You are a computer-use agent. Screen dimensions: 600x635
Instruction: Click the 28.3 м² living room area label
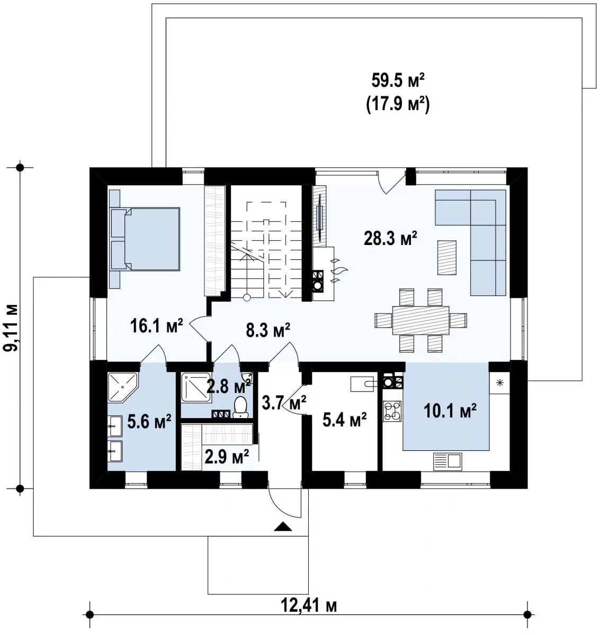click(391, 239)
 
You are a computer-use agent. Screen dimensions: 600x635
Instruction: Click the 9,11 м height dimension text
click(12, 328)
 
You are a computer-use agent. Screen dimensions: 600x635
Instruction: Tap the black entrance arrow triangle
click(283, 527)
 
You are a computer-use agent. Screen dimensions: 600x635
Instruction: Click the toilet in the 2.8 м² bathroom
click(240, 407)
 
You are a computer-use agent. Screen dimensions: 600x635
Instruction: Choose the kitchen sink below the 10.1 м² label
click(447, 462)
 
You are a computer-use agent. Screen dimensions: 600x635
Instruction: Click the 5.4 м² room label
click(344, 420)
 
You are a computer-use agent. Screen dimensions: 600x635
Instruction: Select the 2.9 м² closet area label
click(227, 457)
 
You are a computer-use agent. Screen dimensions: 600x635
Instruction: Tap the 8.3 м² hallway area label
click(268, 331)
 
